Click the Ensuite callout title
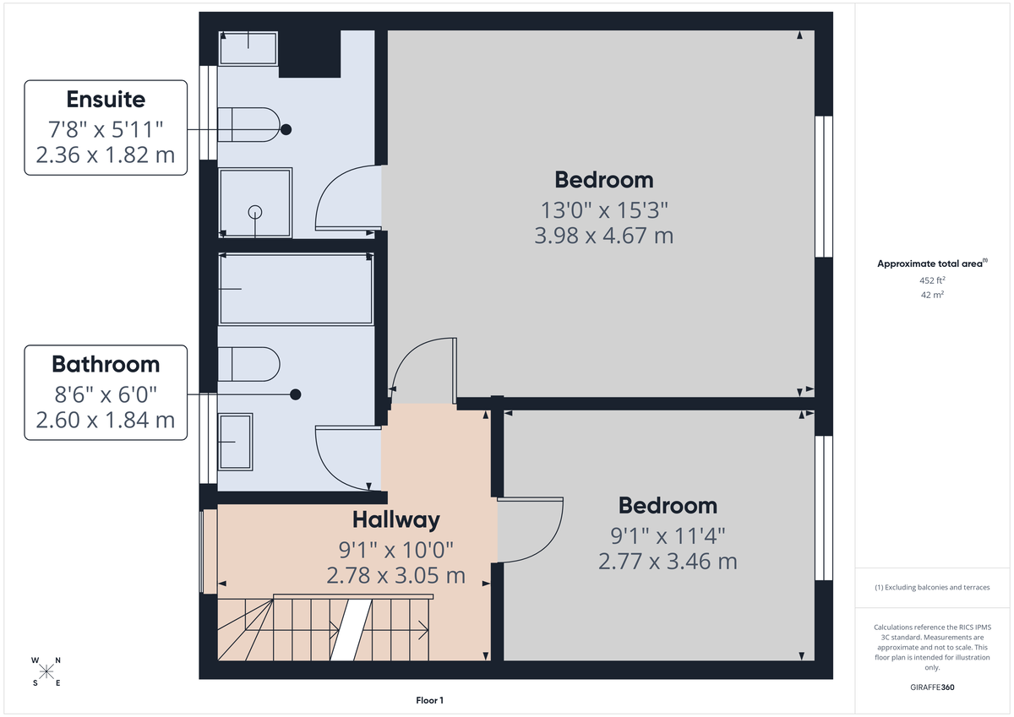coord(106,100)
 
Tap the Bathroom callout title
coord(106,364)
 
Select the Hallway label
coord(395,519)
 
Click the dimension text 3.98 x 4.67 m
coord(603,236)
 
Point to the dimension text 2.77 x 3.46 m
coord(668,561)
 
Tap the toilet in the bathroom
coord(248,365)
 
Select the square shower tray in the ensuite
coord(255,203)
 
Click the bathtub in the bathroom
coord(295,289)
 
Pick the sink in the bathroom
coord(236,441)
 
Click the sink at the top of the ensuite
coord(248,48)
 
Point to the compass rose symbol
coord(46,671)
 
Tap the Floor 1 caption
coord(429,700)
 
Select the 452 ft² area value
coord(932,280)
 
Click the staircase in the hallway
coord(325,629)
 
